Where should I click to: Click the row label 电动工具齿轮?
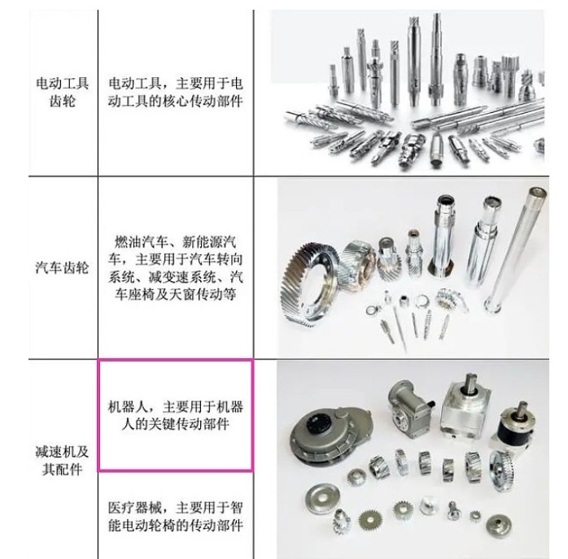click(63, 92)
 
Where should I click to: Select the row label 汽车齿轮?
click(63, 268)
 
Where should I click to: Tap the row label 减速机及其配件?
click(63, 461)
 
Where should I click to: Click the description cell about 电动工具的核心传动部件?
click(176, 92)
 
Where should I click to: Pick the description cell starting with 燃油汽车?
click(176, 268)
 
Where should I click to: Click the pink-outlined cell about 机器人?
click(176, 415)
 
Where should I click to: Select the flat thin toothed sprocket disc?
click(370, 520)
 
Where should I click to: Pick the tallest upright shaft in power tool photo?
click(436, 58)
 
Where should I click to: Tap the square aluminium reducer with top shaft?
click(465, 405)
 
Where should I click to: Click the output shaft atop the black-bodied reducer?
click(522, 409)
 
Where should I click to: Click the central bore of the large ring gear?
click(314, 286)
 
